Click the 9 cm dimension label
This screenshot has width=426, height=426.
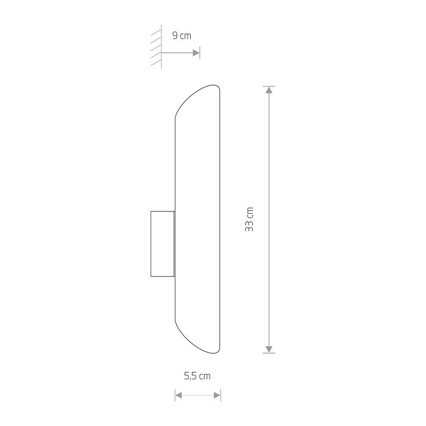pos(182,35)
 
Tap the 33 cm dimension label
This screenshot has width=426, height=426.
pos(249,219)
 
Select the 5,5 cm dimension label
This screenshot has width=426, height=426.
pos(197,376)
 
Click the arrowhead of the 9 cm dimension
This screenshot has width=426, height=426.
pos(196,52)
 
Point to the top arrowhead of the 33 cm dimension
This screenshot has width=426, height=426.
pos(269,90)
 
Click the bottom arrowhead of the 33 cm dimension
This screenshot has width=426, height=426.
pos(269,349)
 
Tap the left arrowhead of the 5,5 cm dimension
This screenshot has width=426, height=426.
pos(179,395)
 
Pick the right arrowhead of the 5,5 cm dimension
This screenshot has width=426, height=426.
pos(217,395)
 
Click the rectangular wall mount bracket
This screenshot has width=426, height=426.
pos(163,244)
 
